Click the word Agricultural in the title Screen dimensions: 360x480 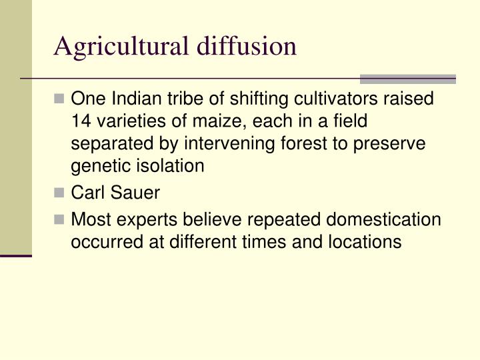tap(123, 47)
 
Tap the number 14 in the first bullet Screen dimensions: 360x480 tap(81, 121)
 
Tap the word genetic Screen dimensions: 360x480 tap(97, 165)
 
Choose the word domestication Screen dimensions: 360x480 tap(379, 220)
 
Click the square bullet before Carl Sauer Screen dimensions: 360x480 tap(61, 194)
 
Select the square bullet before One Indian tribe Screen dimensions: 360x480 tap(61, 100)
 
